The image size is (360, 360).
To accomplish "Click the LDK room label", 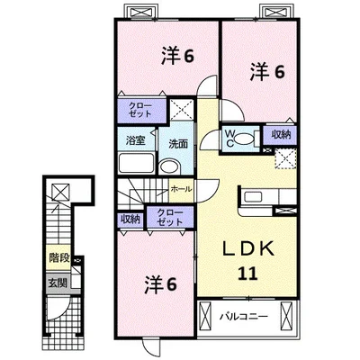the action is point(247,248).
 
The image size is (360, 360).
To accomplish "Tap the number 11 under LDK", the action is point(248,274).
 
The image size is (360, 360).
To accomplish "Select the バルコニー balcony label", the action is point(244,317).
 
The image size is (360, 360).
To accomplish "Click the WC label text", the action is point(229,139).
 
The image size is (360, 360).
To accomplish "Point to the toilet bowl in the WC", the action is point(244,139).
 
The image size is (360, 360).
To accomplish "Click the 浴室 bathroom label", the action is point(136,140).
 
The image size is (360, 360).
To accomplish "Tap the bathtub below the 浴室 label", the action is point(137,163).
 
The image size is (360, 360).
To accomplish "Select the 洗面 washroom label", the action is point(178,144).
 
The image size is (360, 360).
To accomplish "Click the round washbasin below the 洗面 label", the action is point(170,166).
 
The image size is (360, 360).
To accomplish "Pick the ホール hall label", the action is point(181,189).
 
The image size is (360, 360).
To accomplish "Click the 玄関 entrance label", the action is point(58,283).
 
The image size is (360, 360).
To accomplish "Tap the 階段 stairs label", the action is point(59,257).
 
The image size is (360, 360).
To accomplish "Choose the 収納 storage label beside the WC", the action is point(281,135).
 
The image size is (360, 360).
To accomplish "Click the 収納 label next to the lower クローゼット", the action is point(130,220).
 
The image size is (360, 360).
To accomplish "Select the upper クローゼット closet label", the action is point(140,110).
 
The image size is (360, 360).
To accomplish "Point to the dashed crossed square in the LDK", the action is point(285,158).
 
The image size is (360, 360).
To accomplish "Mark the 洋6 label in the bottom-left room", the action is point(160,283).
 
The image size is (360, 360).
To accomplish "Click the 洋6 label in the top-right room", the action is point(267,72).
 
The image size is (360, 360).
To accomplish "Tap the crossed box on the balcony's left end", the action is point(206,317).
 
